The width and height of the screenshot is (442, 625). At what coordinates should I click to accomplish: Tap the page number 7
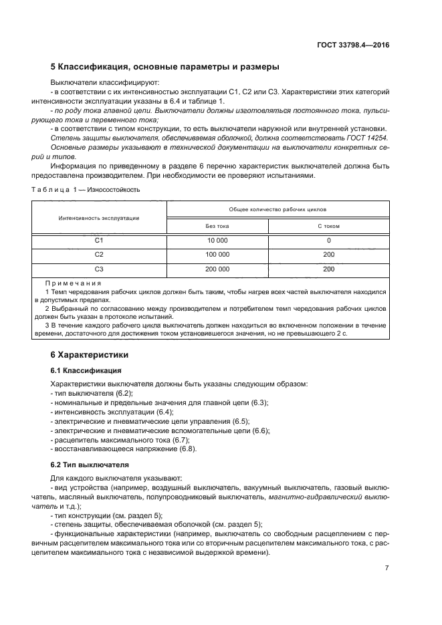[x=386, y=568]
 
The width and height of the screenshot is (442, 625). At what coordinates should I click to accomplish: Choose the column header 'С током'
[x=328, y=226]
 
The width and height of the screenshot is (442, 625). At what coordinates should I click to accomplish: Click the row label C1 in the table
[x=99, y=240]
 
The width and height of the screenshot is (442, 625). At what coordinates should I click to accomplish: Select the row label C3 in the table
[x=99, y=269]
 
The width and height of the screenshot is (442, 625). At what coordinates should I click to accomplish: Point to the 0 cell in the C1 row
[x=328, y=240]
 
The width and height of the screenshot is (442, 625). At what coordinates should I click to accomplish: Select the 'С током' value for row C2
[x=328, y=255]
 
